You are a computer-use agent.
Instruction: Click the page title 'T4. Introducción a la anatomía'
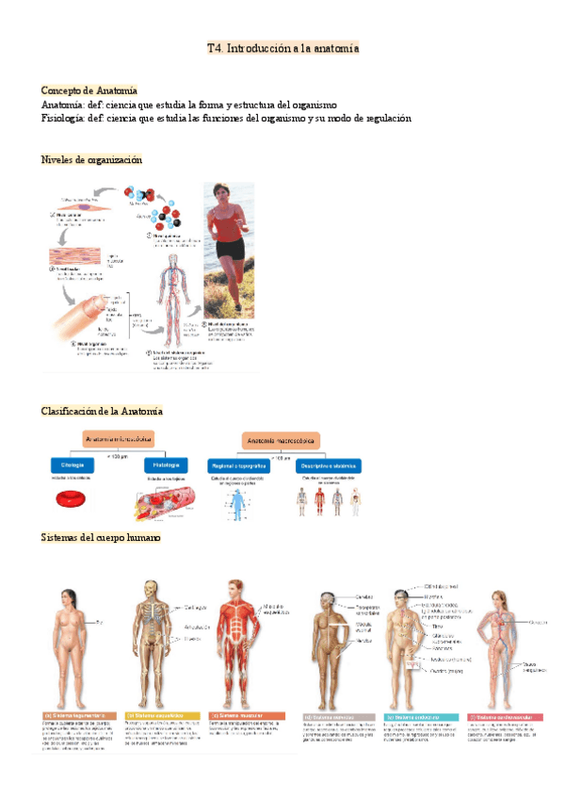click(x=282, y=47)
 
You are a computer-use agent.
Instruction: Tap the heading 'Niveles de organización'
click(x=91, y=160)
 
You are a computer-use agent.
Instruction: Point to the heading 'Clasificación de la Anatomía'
click(x=102, y=411)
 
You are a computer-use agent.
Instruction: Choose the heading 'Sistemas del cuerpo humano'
click(x=101, y=538)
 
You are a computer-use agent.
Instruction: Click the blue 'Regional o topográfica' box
click(x=235, y=465)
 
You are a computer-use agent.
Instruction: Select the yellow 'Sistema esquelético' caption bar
click(x=158, y=716)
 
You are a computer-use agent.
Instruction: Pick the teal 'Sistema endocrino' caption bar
click(x=420, y=717)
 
